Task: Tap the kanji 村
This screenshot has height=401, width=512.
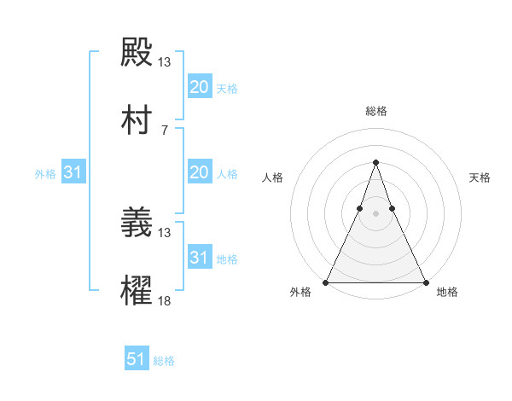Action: pyautogui.click(x=137, y=122)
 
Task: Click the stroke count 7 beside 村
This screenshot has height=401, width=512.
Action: pyautogui.click(x=165, y=131)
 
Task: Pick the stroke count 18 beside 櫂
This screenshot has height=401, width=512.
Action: pyautogui.click(x=165, y=301)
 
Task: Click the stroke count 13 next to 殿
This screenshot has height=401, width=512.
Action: pyautogui.click(x=165, y=62)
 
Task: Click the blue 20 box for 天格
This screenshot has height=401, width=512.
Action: pyautogui.click(x=199, y=87)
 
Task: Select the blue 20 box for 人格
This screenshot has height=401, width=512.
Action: pyautogui.click(x=199, y=172)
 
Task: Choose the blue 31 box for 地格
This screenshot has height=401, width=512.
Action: pyautogui.click(x=199, y=258)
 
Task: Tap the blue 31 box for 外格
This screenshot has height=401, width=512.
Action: pyautogui.click(x=73, y=172)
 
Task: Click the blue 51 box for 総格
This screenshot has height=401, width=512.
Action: pyautogui.click(x=137, y=359)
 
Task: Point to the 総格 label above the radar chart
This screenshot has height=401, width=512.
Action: pyautogui.click(x=376, y=111)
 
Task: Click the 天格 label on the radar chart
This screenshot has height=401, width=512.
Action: pyautogui.click(x=480, y=177)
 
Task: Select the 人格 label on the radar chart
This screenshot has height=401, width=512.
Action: pyautogui.click(x=272, y=177)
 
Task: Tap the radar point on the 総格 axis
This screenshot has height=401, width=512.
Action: pyautogui.click(x=376, y=162)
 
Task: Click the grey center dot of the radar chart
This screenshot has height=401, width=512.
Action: pyautogui.click(x=376, y=213)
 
